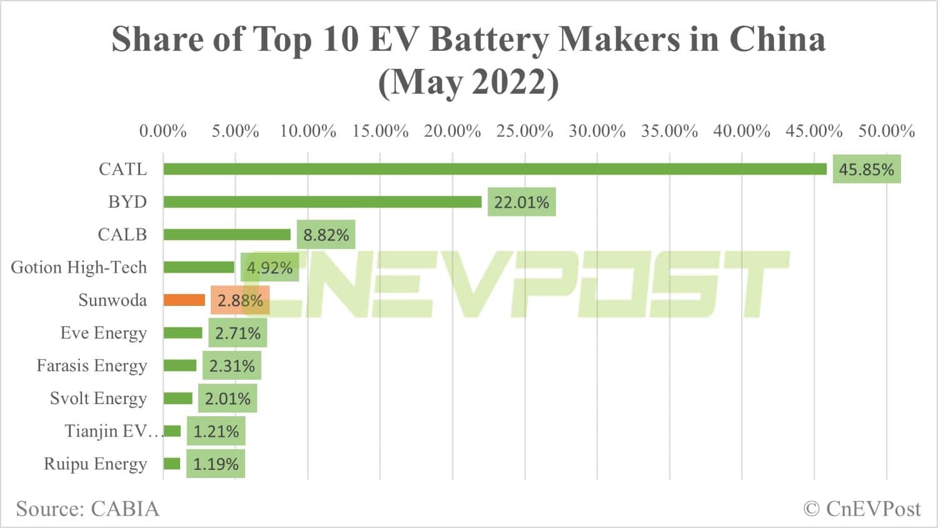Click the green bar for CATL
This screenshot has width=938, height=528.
point(495,169)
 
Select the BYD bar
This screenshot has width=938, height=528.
point(322,201)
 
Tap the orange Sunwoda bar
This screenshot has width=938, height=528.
point(184,300)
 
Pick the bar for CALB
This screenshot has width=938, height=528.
point(227,235)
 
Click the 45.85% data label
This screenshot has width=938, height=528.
point(866,170)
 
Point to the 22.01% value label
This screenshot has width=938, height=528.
point(522,203)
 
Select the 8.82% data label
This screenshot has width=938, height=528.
point(326,235)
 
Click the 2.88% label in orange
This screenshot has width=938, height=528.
point(240,301)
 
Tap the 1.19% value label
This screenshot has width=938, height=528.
point(216,464)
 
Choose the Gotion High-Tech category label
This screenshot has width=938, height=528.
point(79,268)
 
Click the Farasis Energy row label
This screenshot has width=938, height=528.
point(92,365)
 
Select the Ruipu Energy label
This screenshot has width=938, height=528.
point(96,464)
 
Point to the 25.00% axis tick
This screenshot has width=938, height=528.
point(525,131)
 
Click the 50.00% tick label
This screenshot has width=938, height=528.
point(886,131)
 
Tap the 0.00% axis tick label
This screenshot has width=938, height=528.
point(163,131)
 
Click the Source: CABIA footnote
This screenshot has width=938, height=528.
point(88,509)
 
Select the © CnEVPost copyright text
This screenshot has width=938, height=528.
point(862,509)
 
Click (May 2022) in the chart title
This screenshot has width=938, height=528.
point(468,82)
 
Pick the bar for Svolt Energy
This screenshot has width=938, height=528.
point(178,399)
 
